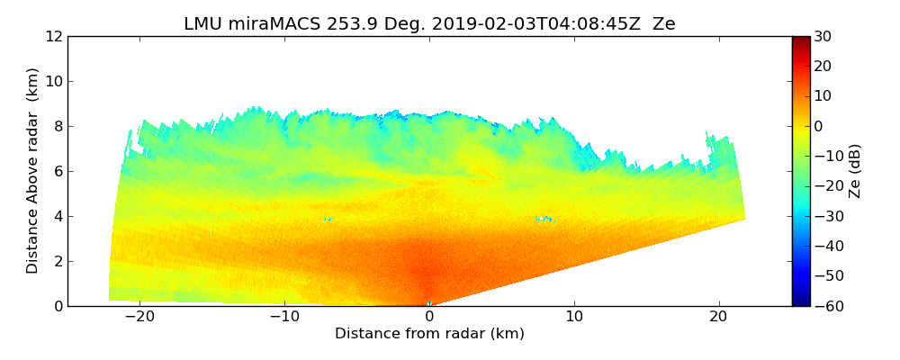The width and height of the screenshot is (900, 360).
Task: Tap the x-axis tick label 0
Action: click(429, 317)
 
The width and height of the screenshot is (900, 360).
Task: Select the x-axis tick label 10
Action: click(574, 317)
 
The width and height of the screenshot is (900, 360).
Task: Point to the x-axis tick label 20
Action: click(719, 317)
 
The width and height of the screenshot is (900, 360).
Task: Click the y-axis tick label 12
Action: click(52, 37)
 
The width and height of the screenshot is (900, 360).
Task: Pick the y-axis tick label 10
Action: click(52, 82)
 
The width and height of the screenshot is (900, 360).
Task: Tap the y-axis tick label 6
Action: click(57, 172)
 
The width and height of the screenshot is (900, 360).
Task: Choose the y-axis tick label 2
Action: click(57, 262)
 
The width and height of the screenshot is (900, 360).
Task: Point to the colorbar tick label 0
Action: click(820, 126)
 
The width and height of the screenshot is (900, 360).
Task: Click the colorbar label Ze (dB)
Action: click(855, 171)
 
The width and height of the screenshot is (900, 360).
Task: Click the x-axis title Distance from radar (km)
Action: click(429, 334)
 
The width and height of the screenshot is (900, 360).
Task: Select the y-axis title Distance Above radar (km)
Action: click(33, 171)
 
